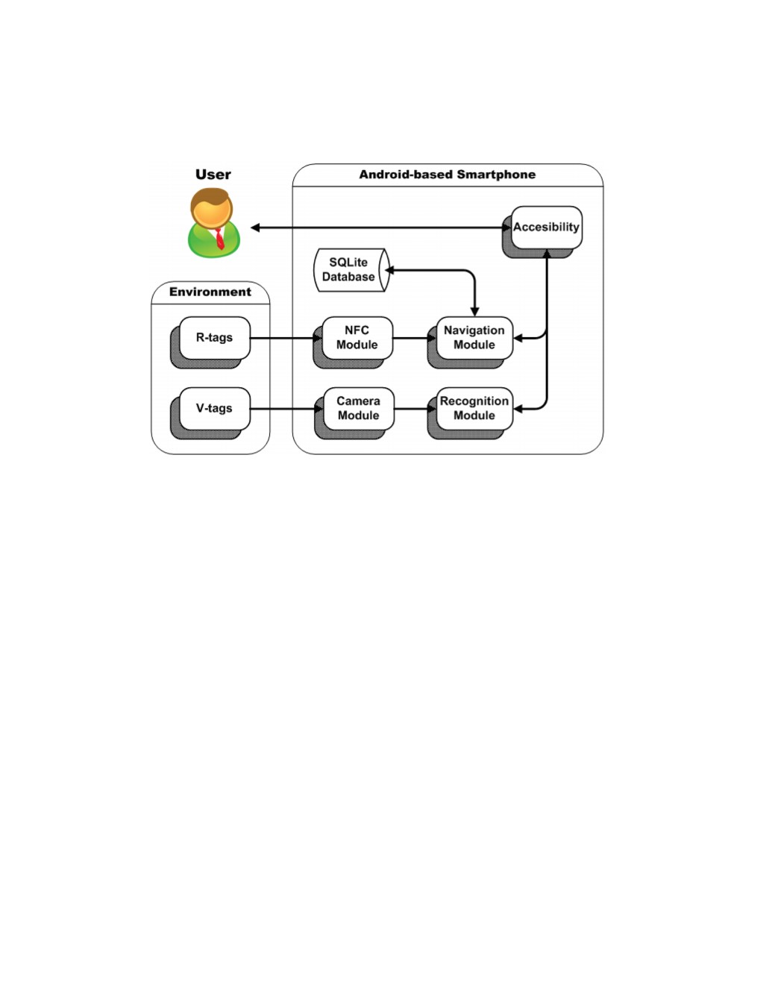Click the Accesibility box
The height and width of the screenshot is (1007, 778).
[546, 227]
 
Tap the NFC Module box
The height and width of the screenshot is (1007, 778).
[357, 338]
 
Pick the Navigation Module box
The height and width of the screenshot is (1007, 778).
[474, 338]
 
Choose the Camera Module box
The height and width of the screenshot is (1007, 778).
[359, 408]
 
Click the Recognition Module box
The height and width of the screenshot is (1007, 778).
[474, 408]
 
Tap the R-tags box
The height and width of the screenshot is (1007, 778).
[215, 338]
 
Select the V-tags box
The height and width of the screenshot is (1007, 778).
[215, 408]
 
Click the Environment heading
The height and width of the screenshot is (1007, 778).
[210, 292]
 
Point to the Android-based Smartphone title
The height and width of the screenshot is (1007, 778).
[447, 175]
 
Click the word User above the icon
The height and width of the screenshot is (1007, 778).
[213, 175]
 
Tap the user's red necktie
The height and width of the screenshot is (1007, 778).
[219, 238]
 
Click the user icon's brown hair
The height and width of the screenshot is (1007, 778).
[211, 198]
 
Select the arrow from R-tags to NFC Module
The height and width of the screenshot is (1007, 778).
[286, 339]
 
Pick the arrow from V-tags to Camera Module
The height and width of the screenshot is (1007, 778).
[286, 409]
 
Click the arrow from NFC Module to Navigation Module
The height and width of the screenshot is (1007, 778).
[414, 339]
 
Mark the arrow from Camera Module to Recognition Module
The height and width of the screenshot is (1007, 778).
[415, 409]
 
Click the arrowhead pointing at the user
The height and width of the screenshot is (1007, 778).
[255, 228]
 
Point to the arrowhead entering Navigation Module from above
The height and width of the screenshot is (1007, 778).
[474, 311]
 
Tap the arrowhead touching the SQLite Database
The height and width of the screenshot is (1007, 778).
[390, 270]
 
